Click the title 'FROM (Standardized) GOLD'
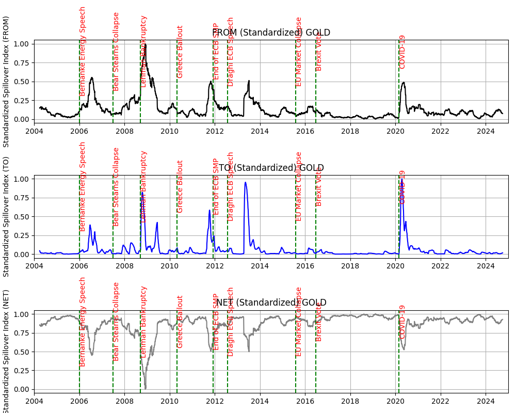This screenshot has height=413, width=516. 271,33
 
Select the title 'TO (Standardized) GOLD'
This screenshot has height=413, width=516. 271,168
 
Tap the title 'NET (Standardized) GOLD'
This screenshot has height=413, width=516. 271,303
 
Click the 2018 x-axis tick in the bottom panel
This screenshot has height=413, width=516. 350,400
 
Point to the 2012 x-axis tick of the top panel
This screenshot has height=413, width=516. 215,130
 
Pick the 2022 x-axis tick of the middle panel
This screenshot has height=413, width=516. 441,265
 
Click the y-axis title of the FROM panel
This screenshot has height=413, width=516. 6,82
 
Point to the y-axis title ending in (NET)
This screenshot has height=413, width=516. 6,351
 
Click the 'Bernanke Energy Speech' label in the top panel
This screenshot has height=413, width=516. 83,51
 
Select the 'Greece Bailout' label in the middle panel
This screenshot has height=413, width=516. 180,186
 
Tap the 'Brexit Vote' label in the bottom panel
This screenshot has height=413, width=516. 319,322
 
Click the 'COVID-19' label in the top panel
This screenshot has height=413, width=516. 402,52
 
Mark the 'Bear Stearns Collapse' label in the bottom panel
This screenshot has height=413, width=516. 116,321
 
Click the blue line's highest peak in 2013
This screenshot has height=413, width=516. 246,182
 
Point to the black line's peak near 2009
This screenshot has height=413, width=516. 146,45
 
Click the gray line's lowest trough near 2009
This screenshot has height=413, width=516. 146,388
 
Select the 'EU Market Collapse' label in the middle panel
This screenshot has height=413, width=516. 299,186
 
